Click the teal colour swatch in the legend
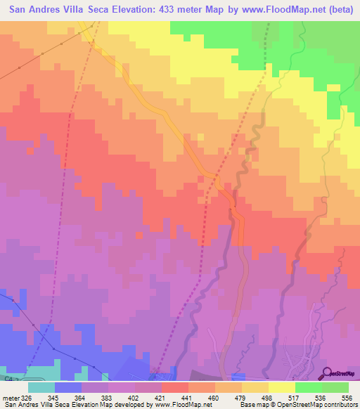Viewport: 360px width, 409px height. click(41, 387)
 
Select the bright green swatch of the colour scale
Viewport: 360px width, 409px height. click(309, 387)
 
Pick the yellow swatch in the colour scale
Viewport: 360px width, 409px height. click(282, 387)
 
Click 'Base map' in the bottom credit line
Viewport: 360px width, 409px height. click(255, 405)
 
